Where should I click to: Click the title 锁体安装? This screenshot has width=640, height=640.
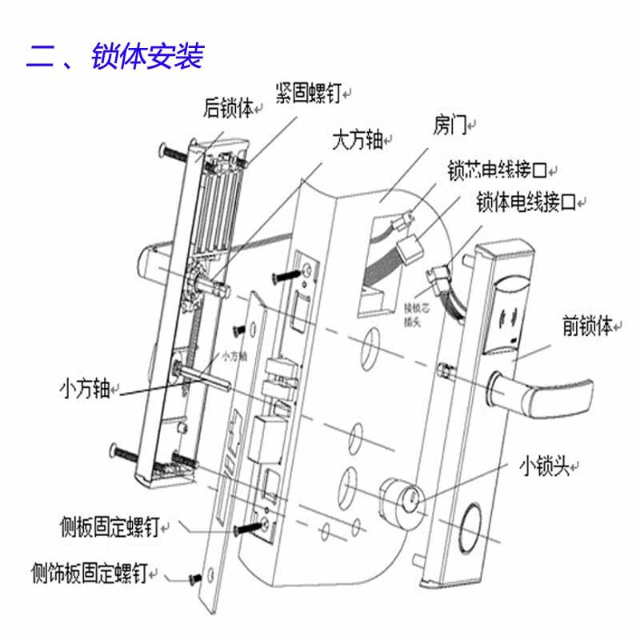(x=148, y=57)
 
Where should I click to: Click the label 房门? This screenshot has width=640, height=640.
(x=450, y=125)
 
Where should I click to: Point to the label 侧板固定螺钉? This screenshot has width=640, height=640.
(x=110, y=526)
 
